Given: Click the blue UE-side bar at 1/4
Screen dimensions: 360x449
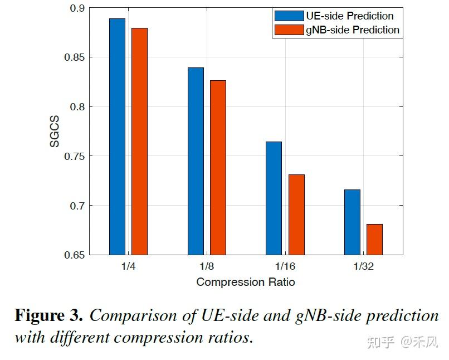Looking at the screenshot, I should (x=117, y=137).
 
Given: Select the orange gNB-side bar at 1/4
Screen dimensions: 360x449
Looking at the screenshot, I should (x=139, y=141).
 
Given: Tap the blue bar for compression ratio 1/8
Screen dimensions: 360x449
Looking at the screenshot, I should (x=196, y=161).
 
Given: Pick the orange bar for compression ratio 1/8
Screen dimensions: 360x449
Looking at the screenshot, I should (x=218, y=167).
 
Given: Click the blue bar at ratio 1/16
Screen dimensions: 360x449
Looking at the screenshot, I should (x=274, y=198).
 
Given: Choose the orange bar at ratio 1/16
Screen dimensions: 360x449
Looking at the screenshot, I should (x=296, y=215).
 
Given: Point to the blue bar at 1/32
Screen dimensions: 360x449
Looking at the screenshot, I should (x=352, y=222).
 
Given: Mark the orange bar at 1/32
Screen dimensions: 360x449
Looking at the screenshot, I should (x=374, y=239).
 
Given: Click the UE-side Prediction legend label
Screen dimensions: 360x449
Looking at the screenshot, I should (x=349, y=16).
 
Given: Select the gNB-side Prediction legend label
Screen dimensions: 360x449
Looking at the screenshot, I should (x=352, y=30).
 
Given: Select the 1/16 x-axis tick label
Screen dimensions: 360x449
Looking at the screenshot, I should (x=285, y=266).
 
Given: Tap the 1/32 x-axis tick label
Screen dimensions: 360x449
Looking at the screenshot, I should (x=363, y=266).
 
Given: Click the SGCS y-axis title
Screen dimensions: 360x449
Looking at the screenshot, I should (x=55, y=132).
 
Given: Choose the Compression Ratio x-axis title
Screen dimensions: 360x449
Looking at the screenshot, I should (x=246, y=282).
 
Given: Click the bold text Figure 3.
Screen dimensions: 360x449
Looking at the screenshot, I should (x=48, y=316).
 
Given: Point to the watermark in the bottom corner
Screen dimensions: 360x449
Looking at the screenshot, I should (x=402, y=342).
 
